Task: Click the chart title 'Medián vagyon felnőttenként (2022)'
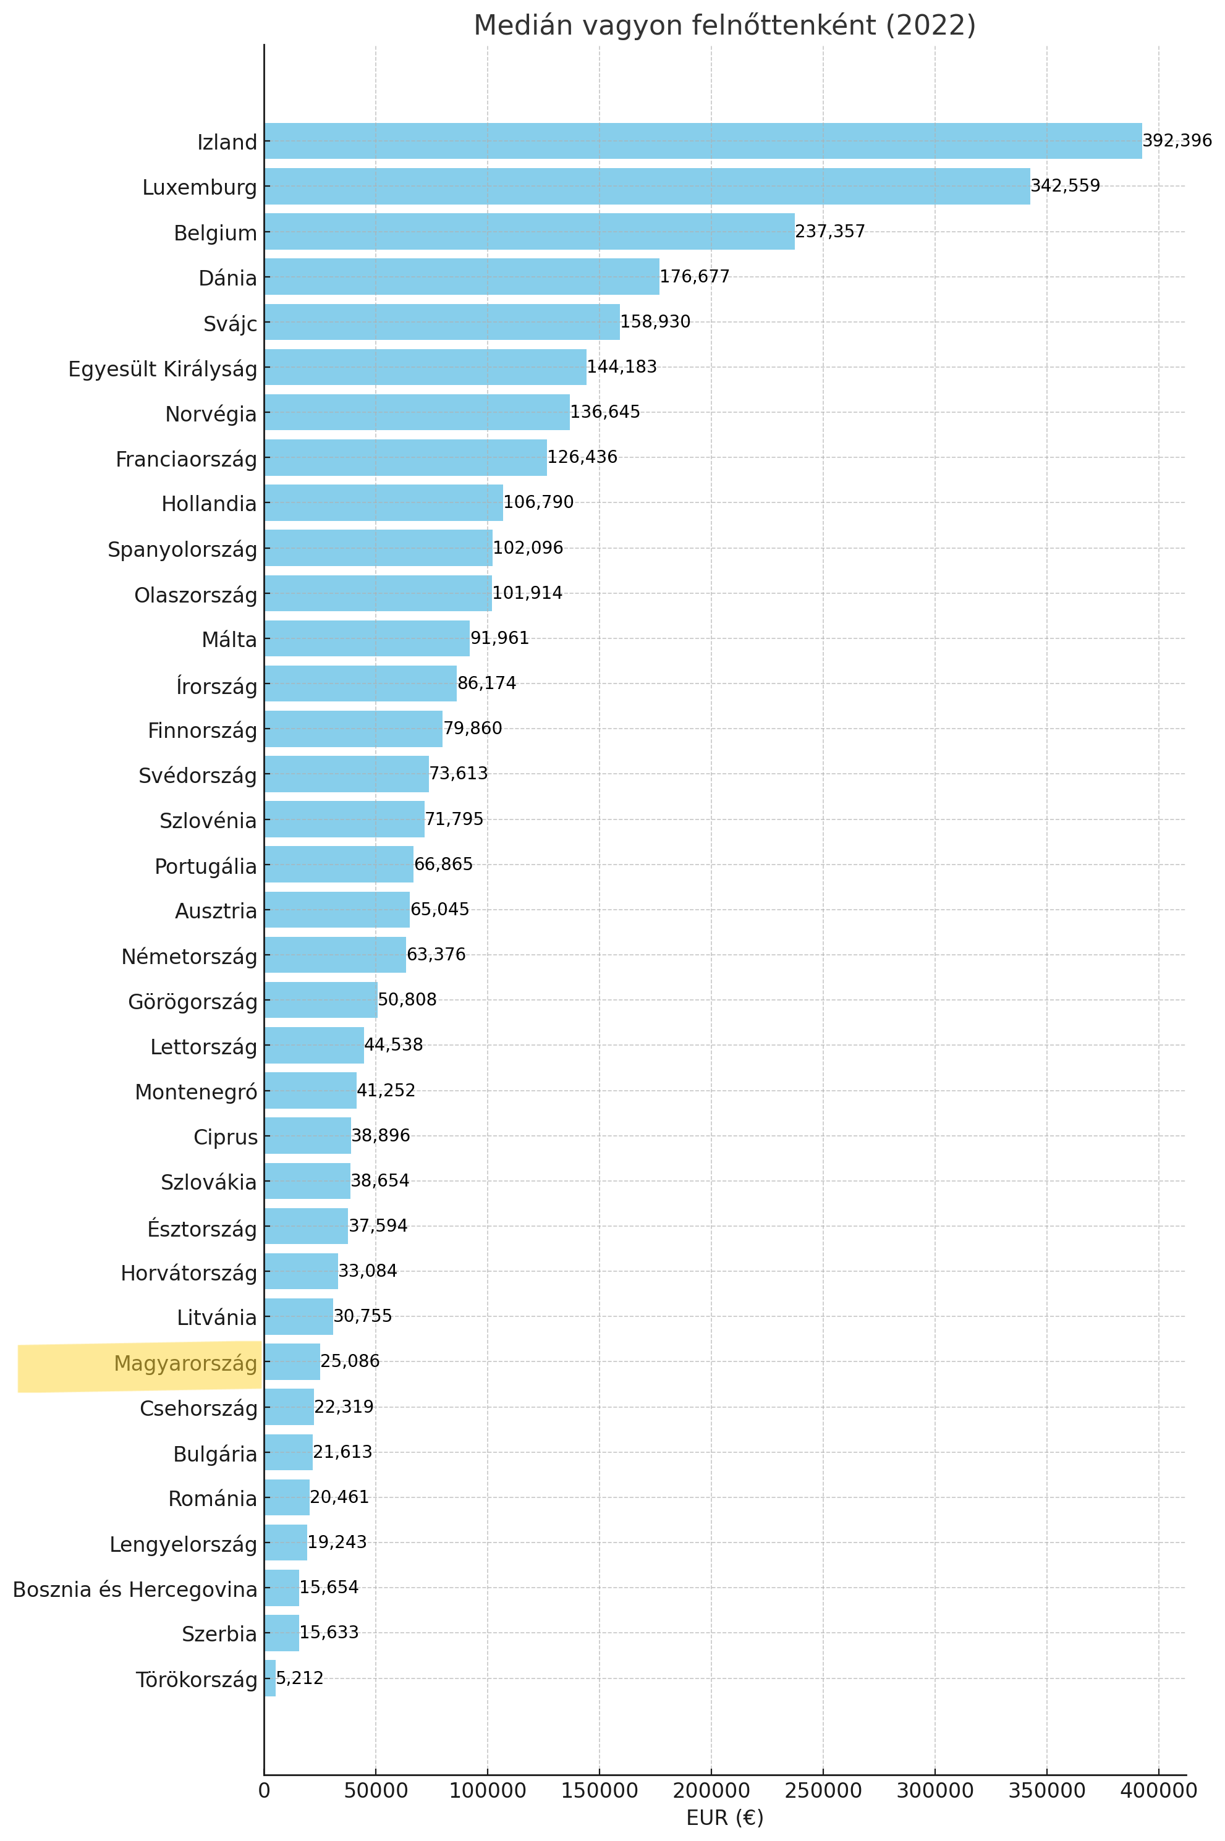(x=724, y=26)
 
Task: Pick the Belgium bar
(x=529, y=232)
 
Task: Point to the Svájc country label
(x=230, y=323)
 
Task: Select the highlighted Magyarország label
(x=185, y=1364)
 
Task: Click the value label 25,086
(x=349, y=1361)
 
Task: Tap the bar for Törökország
(x=269, y=1678)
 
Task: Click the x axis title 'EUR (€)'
(x=724, y=1818)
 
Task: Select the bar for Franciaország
(x=405, y=458)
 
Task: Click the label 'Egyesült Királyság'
(x=163, y=369)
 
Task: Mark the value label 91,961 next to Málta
(x=499, y=639)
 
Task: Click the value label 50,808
(x=407, y=1000)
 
